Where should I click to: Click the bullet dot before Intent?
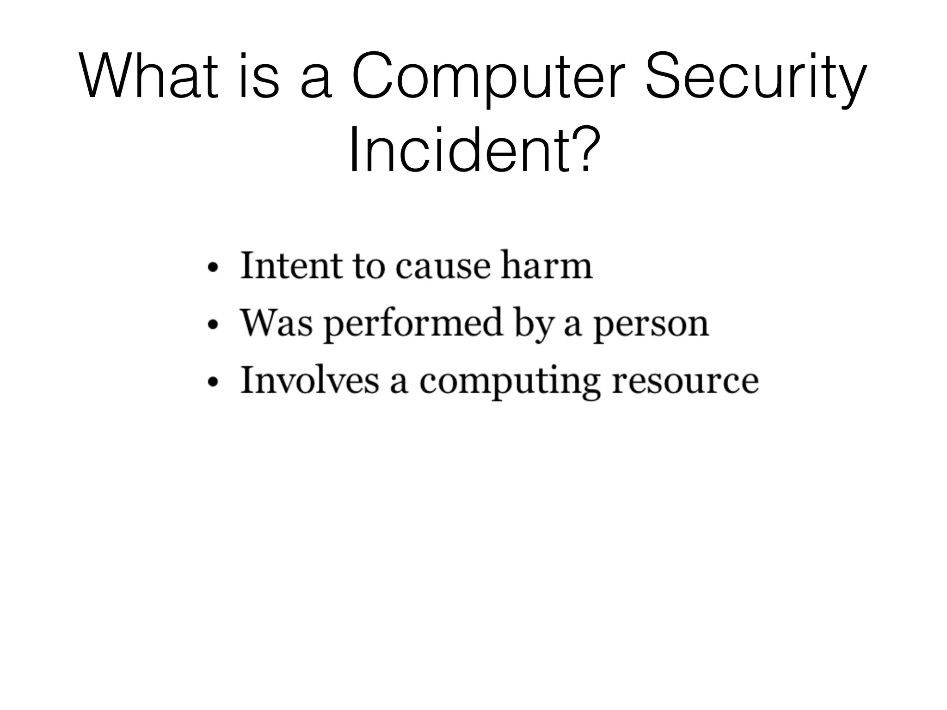(212, 269)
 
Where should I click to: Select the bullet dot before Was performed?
(212, 325)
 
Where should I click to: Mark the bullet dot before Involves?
(212, 382)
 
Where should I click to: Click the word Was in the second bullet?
(276, 323)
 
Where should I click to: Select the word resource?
(685, 382)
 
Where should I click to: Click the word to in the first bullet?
(369, 267)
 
